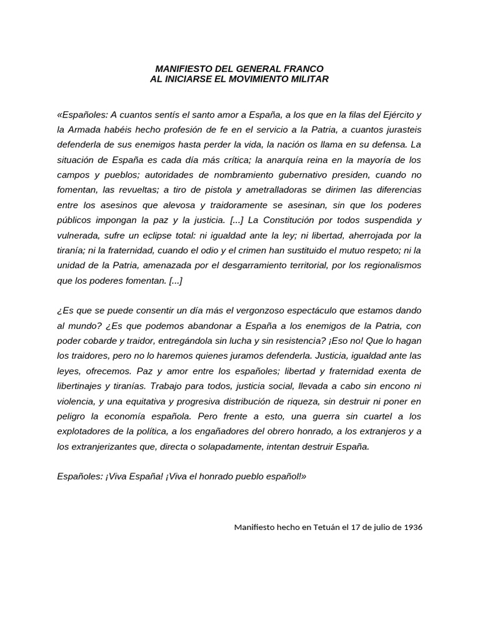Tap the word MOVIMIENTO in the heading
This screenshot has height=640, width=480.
267,79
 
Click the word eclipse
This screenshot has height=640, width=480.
171,235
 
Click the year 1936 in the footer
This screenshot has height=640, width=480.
413,527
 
